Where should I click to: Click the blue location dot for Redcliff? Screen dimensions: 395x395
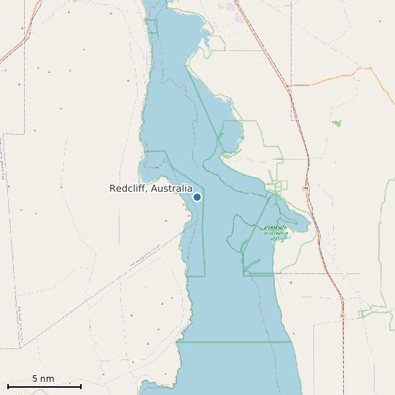pyautogui.click(x=197, y=197)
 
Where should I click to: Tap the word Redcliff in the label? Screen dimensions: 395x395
pyautogui.click(x=128, y=189)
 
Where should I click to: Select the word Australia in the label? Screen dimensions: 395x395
pyautogui.click(x=171, y=189)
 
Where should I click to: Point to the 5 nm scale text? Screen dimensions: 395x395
pyautogui.click(x=43, y=379)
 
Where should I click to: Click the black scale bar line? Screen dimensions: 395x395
pyautogui.click(x=44, y=386)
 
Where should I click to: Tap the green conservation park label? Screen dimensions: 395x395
pyautogui.click(x=275, y=232)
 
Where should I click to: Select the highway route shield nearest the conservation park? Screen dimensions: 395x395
pyautogui.click(x=305, y=189)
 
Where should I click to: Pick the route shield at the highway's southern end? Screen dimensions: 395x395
pyautogui.click(x=343, y=317)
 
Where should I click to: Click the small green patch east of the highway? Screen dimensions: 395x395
pyautogui.click(x=336, y=123)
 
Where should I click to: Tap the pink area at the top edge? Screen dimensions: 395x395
pyautogui.click(x=233, y=7)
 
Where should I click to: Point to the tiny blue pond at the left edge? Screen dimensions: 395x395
pyautogui.click(x=4, y=71)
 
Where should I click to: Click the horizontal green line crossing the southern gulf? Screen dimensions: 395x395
pyautogui.click(x=233, y=341)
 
